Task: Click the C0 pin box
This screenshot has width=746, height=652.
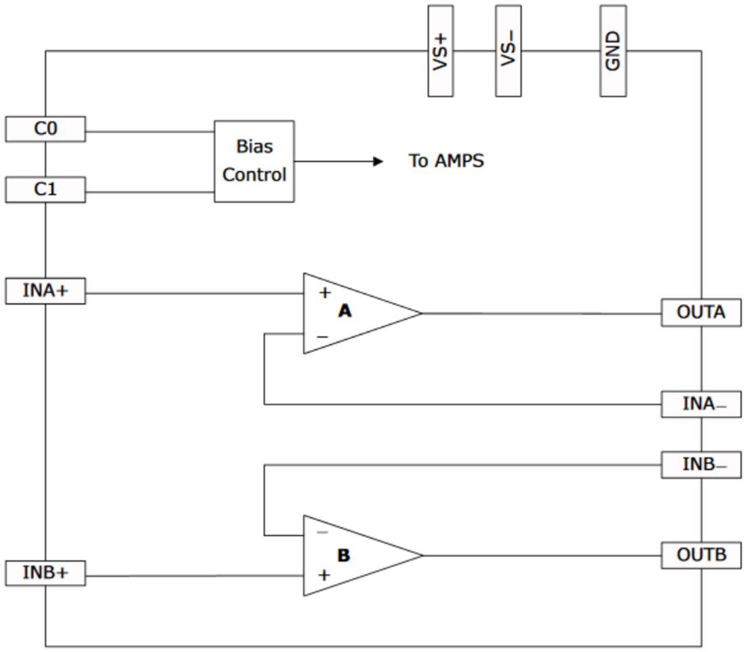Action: point(45,129)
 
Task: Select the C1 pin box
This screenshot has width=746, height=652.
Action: point(45,189)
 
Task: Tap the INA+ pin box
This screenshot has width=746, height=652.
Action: point(45,291)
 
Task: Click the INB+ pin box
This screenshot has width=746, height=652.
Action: point(45,573)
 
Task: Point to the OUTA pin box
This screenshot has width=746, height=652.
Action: point(701,313)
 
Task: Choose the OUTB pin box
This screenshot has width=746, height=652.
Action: point(701,555)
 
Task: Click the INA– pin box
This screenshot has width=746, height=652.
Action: point(701,404)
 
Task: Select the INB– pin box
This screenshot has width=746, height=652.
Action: point(701,465)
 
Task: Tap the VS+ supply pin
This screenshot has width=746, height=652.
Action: point(440,51)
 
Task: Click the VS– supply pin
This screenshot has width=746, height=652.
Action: point(508,51)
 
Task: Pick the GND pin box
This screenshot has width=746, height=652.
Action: point(613,51)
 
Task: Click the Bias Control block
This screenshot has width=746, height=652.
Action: point(254,161)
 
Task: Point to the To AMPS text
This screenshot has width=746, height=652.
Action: point(446,161)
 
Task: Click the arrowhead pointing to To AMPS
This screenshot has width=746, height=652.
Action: point(378,161)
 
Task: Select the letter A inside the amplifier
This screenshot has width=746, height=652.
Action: point(345,311)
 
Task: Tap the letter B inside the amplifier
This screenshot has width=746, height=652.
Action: point(344,556)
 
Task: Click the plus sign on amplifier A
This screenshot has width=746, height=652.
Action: point(325,293)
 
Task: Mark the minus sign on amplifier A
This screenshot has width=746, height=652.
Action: point(323,337)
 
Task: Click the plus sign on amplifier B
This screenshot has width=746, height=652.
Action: point(325,575)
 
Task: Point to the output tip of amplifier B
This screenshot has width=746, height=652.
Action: point(422,555)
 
